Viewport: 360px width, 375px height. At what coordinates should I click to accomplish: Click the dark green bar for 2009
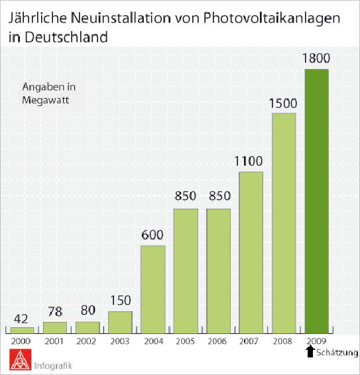[x=317, y=201]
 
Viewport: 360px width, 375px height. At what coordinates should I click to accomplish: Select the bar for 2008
[x=284, y=223]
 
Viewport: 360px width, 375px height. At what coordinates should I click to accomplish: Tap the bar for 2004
[x=153, y=290]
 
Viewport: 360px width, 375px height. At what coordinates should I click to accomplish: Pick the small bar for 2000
[x=23, y=330]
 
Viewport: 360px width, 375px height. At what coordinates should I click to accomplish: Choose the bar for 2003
[x=120, y=323]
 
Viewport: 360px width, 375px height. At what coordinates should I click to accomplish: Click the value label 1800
[x=316, y=58]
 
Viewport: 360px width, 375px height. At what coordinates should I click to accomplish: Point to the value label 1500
[x=283, y=103]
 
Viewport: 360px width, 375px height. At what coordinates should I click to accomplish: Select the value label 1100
[x=249, y=161]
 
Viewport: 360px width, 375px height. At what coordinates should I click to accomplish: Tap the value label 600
[x=152, y=235]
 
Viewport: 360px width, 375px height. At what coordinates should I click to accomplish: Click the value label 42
[x=21, y=319]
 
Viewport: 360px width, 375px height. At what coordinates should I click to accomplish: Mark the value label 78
[x=55, y=311]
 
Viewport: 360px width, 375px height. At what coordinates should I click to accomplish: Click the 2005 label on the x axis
[x=185, y=341]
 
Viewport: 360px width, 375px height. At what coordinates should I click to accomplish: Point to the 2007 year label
[x=249, y=341]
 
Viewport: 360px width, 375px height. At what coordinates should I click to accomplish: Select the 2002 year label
[x=86, y=341]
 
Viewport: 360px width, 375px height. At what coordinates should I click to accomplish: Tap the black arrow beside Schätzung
[x=310, y=352]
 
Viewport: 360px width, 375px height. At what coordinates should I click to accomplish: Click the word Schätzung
[x=337, y=352]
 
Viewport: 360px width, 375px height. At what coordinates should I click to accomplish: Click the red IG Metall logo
[x=21, y=360]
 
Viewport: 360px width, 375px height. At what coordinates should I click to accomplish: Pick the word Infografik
[x=53, y=366]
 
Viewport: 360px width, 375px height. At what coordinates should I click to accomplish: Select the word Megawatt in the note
[x=46, y=100]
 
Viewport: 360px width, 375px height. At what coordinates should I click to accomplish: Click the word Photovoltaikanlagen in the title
[x=271, y=19]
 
